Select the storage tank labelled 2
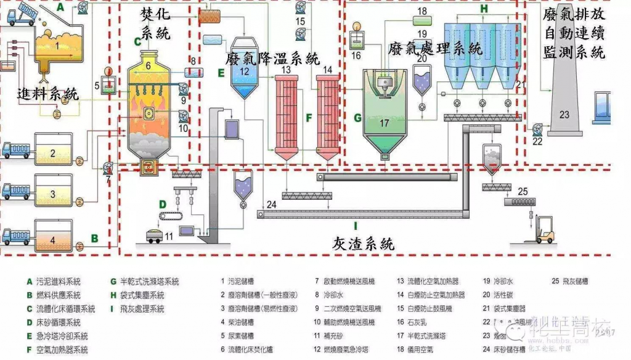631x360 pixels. click(x=53, y=153)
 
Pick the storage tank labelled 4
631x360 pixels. click(x=53, y=237)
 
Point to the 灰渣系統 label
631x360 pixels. click(x=362, y=244)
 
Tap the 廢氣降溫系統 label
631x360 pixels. click(x=272, y=59)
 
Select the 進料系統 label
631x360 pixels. click(x=48, y=94)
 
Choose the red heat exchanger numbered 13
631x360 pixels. click(x=285, y=114)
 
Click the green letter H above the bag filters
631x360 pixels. click(x=484, y=9)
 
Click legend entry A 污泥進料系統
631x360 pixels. click(x=61, y=282)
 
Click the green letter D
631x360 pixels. click(x=162, y=204)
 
